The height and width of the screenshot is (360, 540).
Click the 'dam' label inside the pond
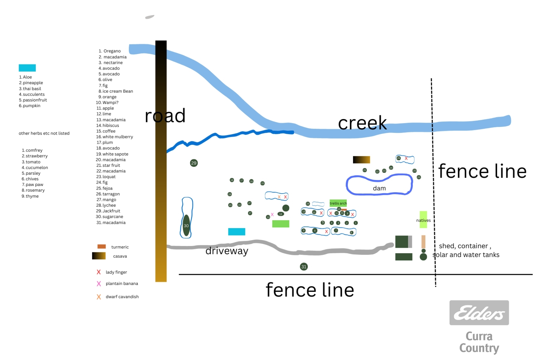click(x=379, y=188)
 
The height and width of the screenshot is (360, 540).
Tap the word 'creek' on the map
click(x=362, y=123)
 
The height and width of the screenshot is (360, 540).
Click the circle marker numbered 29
click(x=194, y=163)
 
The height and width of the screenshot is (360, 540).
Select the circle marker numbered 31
click(x=304, y=267)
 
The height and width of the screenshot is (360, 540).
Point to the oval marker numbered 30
click(x=186, y=225)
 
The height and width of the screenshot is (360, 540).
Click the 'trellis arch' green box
click(x=338, y=203)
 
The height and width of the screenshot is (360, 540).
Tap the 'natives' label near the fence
click(x=423, y=220)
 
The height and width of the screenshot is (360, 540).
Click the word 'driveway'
click(x=227, y=251)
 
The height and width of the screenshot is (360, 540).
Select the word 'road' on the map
click(x=165, y=116)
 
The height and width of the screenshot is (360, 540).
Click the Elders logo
click(x=479, y=313)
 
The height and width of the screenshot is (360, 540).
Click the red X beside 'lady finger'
click(x=99, y=272)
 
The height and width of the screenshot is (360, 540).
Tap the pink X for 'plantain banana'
click(x=99, y=283)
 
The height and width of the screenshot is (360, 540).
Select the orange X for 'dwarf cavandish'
click(x=99, y=297)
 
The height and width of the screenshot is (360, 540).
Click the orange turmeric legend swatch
click(x=102, y=246)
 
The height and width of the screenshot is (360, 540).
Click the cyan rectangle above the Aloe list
click(x=27, y=68)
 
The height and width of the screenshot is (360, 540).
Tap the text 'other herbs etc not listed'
click(x=44, y=133)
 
